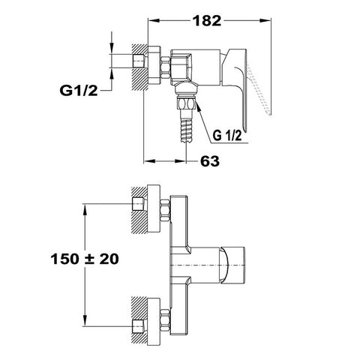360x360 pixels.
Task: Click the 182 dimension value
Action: point(208,21)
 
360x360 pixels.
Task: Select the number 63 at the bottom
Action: point(210,161)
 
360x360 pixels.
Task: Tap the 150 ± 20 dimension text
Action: point(85,259)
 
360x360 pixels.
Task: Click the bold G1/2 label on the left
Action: point(79,90)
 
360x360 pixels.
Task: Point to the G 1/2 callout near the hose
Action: point(227,136)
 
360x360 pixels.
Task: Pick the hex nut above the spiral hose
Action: point(186,103)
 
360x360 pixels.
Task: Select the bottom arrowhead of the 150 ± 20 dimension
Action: point(85,320)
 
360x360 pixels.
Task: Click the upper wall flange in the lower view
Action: point(154,209)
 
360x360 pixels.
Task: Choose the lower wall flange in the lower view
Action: point(154,322)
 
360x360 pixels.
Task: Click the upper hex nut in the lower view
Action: point(165,210)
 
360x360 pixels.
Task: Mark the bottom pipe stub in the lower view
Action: point(138,326)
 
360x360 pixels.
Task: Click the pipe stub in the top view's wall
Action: point(138,61)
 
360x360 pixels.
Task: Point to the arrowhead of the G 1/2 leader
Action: point(198,105)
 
